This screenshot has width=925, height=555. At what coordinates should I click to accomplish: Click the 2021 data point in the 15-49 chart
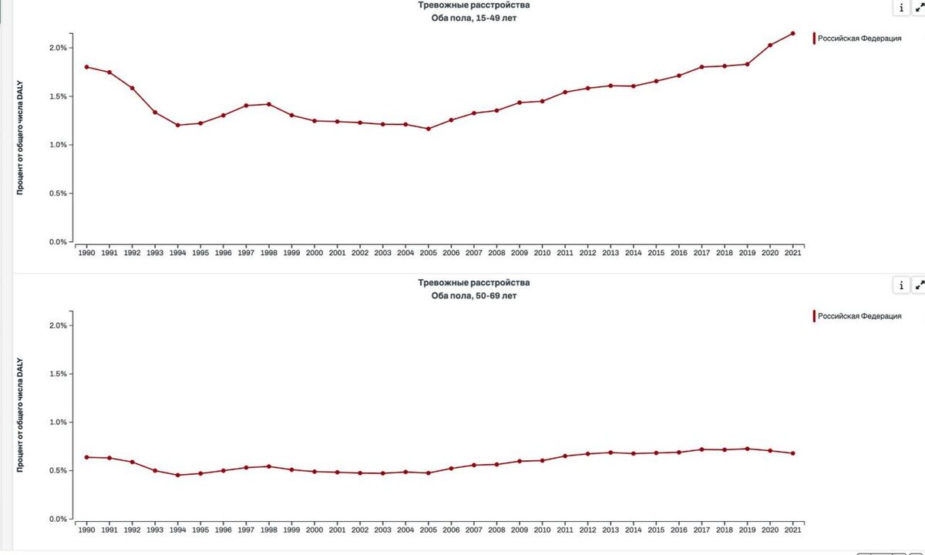(x=792, y=33)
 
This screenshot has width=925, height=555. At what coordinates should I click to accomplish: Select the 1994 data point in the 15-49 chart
(x=177, y=125)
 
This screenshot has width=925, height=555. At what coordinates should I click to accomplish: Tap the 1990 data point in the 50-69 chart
(x=86, y=457)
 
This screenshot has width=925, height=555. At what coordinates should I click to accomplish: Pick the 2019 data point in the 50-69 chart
(x=747, y=449)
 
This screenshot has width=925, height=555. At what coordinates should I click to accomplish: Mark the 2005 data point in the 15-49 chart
(x=428, y=129)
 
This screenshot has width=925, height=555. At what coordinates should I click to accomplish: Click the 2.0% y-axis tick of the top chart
(x=59, y=48)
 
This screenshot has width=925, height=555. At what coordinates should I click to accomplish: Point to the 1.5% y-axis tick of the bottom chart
(x=59, y=374)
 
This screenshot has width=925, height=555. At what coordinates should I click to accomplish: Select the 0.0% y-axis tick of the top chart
(x=59, y=242)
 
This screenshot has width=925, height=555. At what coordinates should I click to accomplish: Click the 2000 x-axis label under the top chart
(x=314, y=253)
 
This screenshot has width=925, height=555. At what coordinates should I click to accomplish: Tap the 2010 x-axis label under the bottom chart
(x=542, y=530)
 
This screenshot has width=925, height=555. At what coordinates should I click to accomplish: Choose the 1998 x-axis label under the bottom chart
(x=268, y=530)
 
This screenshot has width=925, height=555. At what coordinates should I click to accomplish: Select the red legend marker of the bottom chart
(x=814, y=316)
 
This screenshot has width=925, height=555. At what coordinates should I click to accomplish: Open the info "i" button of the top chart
(x=901, y=8)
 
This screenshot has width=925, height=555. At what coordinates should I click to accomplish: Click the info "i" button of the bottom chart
(x=901, y=285)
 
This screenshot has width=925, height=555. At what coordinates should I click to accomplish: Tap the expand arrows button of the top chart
(x=919, y=8)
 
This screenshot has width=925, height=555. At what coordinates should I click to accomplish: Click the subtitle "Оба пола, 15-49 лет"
(x=473, y=18)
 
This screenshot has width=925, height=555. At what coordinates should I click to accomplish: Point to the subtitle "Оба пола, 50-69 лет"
(x=473, y=295)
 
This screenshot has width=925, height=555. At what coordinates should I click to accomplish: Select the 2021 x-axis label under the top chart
(x=792, y=253)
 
